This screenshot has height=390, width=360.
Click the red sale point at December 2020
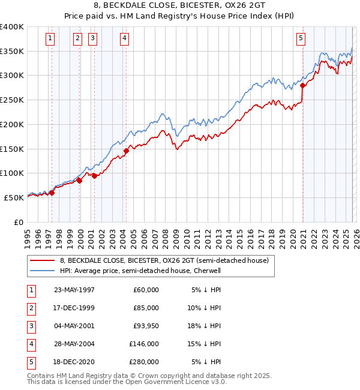[x=303, y=85]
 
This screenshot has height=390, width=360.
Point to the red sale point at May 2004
[x=127, y=151]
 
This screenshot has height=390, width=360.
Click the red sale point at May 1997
[x=52, y=193]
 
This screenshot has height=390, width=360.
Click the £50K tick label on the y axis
[x=14, y=197]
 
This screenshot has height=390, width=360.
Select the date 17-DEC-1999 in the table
[x=74, y=308]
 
